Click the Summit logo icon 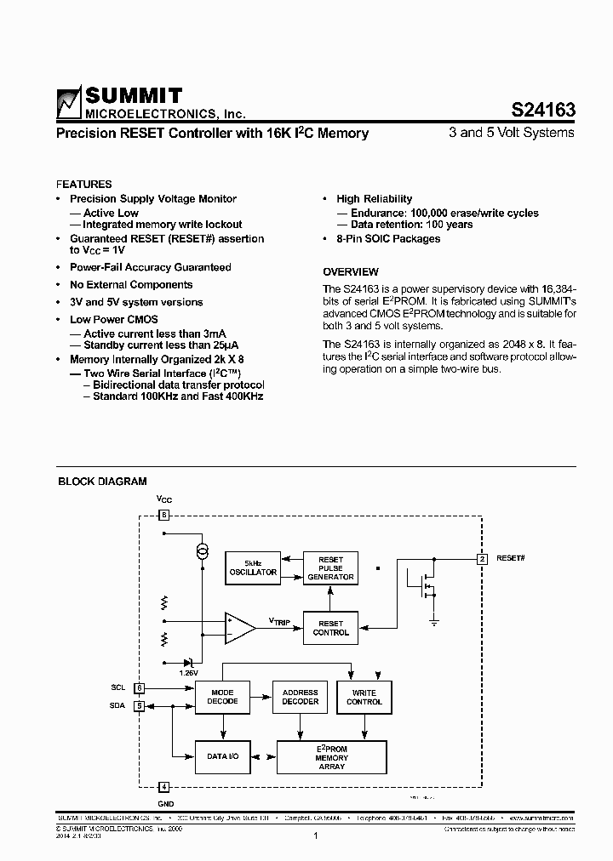(68, 103)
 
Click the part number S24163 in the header (543, 110)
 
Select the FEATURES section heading (83, 184)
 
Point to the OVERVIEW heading (350, 272)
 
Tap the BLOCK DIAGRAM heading (102, 482)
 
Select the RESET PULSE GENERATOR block (330, 568)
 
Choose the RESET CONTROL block (330, 628)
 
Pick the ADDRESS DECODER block (300, 697)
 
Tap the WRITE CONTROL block (364, 697)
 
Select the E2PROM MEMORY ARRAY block (331, 756)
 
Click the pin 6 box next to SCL (139, 687)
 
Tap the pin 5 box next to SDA (139, 704)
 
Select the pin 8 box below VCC (164, 515)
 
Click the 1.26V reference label (188, 672)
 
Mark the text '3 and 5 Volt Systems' (511, 133)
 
